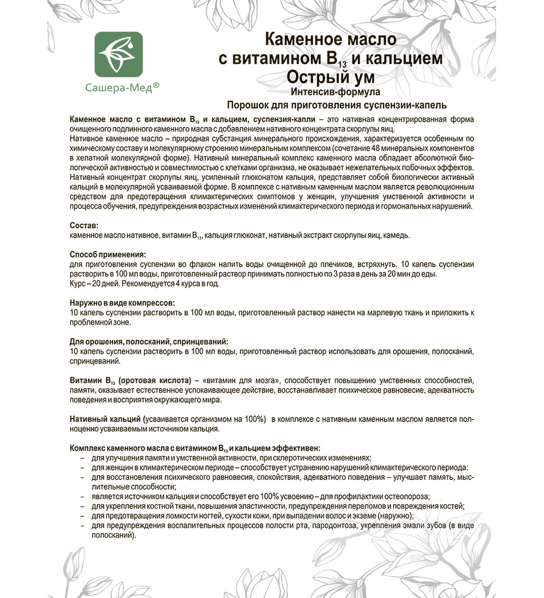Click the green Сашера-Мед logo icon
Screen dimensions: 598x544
coord(119,54)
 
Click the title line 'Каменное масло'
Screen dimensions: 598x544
coord(330,40)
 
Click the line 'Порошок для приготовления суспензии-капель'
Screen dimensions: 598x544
coord(330,104)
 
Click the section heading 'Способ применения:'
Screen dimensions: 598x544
coord(107,254)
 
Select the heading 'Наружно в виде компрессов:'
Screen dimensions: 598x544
coord(123,302)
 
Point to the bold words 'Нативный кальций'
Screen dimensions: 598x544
coord(104,419)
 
